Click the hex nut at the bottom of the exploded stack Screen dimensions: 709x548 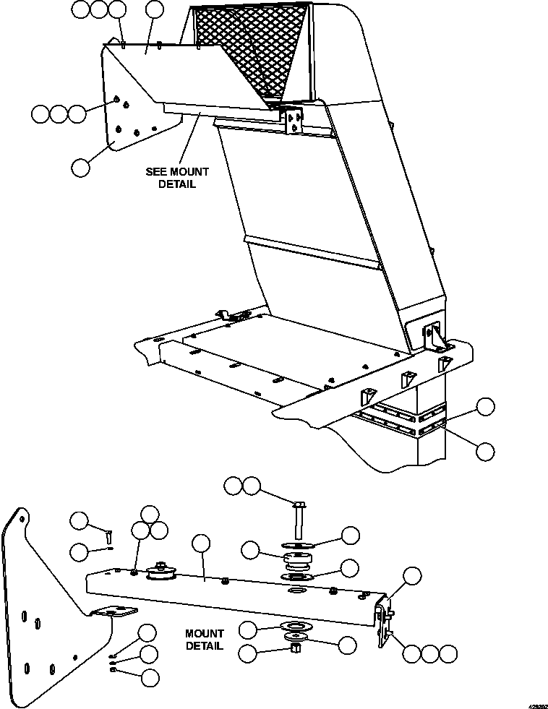(295, 647)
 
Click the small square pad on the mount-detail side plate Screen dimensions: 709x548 (114, 611)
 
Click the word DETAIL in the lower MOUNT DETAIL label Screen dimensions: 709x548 (204, 645)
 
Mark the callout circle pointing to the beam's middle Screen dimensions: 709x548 (202, 545)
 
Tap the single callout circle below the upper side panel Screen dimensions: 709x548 (81, 167)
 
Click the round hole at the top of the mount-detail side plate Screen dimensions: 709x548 (23, 517)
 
